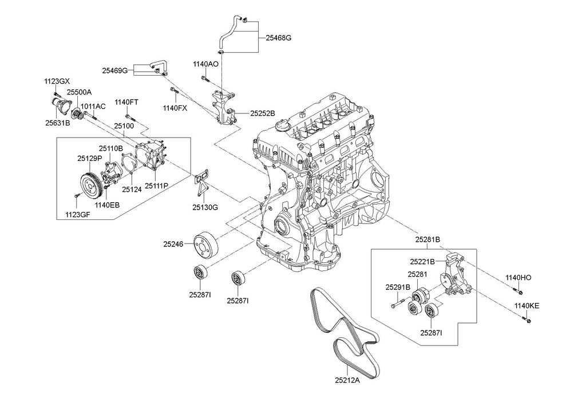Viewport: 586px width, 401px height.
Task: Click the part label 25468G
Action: coord(279,38)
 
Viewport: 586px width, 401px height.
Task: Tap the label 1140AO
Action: coord(205,64)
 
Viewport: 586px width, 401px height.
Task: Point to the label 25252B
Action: coord(263,113)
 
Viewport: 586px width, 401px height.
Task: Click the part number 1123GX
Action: coord(57,82)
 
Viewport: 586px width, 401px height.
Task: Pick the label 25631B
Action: coord(57,123)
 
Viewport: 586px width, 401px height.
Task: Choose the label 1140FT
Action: coord(126,102)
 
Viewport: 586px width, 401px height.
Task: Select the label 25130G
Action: coord(205,207)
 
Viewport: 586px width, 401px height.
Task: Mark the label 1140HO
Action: coord(518,277)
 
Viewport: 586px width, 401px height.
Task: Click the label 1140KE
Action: coord(526,306)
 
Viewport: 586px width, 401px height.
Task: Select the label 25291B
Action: coord(397,287)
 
